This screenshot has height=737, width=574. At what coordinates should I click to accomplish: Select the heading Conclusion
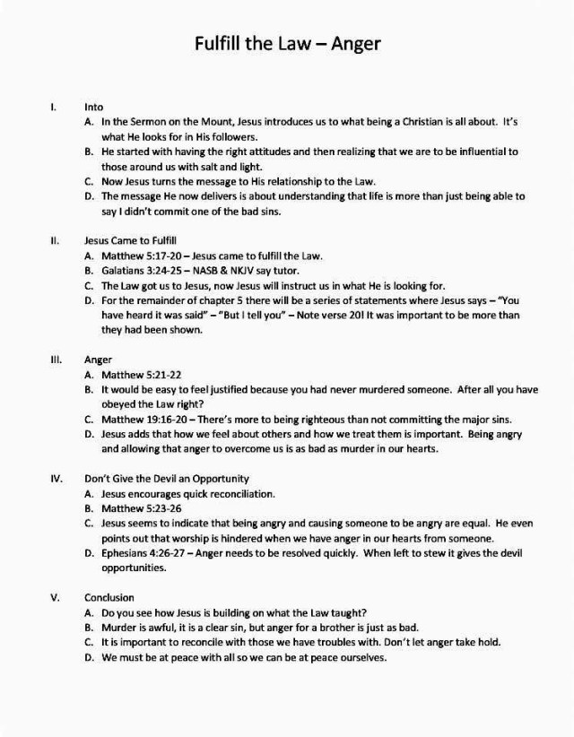tap(109, 597)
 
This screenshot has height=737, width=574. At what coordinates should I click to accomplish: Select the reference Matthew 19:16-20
tap(143, 418)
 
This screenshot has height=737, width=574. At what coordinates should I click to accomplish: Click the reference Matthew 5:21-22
tap(133, 374)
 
